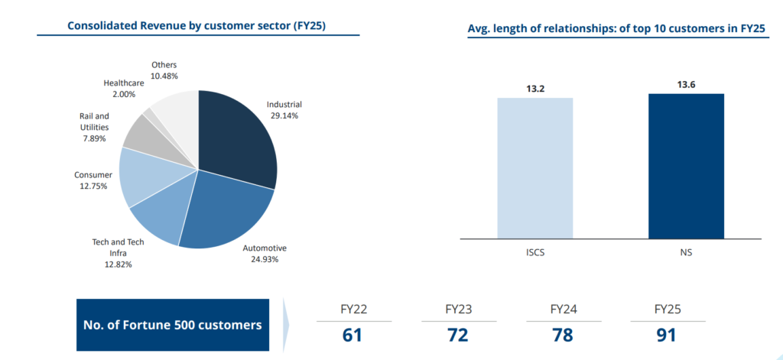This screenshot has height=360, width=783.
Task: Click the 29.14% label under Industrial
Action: click(284, 115)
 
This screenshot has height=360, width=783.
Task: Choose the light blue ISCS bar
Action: click(534, 167)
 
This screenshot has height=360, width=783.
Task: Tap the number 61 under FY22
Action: click(353, 335)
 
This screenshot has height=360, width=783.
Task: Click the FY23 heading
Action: click(457, 310)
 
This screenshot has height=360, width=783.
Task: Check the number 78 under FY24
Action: click(562, 335)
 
